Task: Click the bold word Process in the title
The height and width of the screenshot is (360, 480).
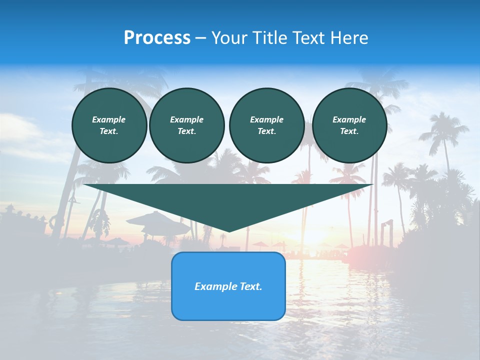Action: pyautogui.click(x=157, y=38)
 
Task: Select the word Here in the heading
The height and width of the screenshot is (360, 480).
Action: pyautogui.click(x=349, y=38)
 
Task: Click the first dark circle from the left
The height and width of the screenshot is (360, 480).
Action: pyautogui.click(x=109, y=125)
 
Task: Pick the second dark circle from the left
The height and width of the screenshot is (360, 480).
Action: pyautogui.click(x=186, y=125)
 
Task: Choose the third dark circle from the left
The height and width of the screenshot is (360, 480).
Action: pyautogui.click(x=266, y=125)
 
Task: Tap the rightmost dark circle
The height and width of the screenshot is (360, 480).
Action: pyautogui.click(x=349, y=125)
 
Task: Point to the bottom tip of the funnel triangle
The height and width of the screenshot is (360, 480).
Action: pyautogui.click(x=228, y=230)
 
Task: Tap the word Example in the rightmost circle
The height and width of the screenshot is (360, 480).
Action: pyautogui.click(x=349, y=119)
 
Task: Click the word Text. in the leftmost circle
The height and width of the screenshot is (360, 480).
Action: pyautogui.click(x=109, y=131)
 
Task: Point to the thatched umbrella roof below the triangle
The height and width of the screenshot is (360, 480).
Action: pyautogui.click(x=155, y=219)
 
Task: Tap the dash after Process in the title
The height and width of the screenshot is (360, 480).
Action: pyautogui.click(x=200, y=38)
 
